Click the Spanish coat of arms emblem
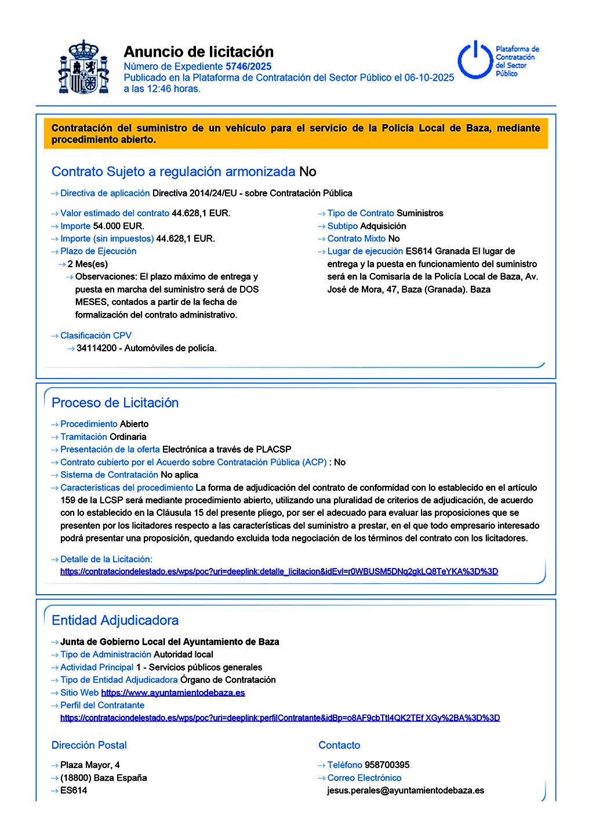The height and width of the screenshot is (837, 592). pos(84,67)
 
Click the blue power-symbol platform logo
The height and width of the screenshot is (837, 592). pos(475,60)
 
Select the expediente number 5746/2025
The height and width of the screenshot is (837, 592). pos(248,67)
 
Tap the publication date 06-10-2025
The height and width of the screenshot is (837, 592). pos(429,78)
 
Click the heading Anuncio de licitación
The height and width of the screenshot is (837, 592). pos(198,52)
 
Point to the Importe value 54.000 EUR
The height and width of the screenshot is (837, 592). pos(118,226)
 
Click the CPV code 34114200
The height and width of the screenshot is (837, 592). pos(96,348)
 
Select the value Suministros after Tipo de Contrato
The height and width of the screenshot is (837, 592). pos(420,213)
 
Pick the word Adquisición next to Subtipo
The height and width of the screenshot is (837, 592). pos(383,226)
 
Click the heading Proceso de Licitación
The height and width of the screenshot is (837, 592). pos(115,403)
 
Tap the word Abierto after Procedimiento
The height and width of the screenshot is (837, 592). pos(134,424)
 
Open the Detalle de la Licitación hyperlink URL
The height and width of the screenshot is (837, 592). pos(279,572)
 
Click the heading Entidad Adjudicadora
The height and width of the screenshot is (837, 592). pos(115,620)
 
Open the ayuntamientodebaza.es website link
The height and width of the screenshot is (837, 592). pos(173,693)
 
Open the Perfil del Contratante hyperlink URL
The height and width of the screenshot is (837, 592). pos(280,718)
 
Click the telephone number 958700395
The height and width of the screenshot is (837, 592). pos(387,765)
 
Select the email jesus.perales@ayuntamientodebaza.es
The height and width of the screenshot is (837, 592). pos(405,791)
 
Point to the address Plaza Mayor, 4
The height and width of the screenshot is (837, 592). pos(90,765)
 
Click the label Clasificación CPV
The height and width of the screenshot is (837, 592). pos(96,336)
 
